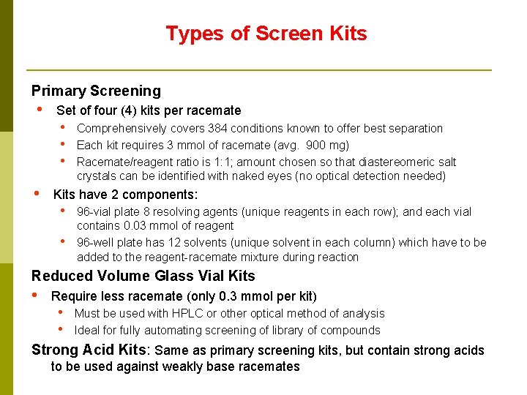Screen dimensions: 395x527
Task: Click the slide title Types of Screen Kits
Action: click(x=266, y=34)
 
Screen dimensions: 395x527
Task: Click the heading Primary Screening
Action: click(x=96, y=91)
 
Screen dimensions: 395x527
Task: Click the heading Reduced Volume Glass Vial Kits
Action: click(x=143, y=276)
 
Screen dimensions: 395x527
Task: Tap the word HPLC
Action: click(x=189, y=314)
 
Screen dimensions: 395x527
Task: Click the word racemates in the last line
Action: click(x=269, y=366)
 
